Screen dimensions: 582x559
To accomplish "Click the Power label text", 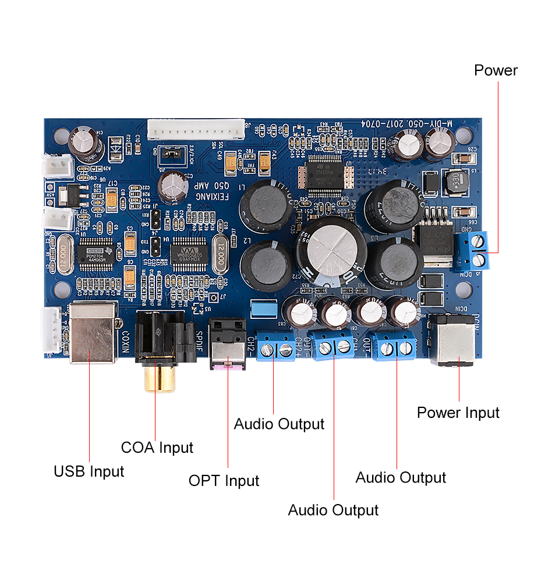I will (496, 70).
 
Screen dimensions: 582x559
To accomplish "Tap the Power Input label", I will (458, 413).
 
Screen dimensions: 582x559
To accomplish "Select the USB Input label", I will (89, 471).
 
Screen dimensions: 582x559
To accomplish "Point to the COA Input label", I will (157, 448).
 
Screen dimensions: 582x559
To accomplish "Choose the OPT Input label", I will (224, 481).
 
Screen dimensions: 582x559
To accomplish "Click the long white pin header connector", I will (196, 129).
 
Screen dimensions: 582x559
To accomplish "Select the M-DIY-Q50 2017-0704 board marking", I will (407, 124).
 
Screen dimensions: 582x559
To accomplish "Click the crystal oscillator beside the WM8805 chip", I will (220, 254).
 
